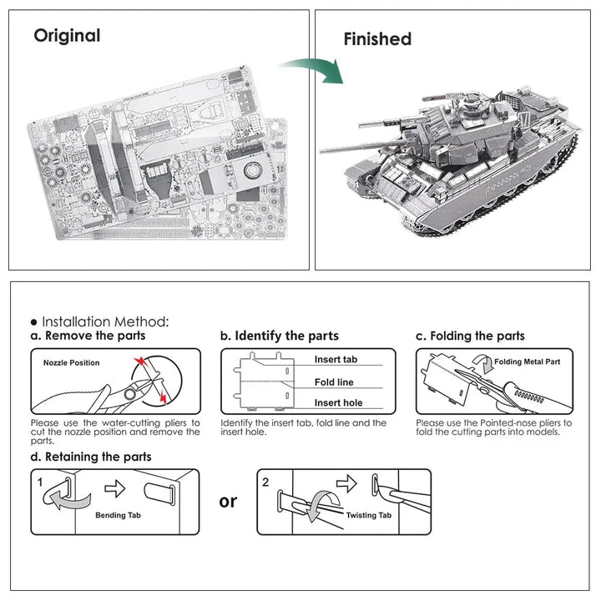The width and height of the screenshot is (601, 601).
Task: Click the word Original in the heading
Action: tap(67, 36)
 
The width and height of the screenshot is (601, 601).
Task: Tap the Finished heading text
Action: tap(377, 39)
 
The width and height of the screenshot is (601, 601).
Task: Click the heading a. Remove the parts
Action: tap(88, 336)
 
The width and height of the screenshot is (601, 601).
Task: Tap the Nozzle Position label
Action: tap(71, 363)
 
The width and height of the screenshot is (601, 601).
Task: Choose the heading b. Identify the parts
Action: tap(279, 336)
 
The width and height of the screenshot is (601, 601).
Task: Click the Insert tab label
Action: tap(336, 360)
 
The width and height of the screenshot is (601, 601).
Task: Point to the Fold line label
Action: tap(334, 382)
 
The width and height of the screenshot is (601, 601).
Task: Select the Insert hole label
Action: tap(338, 403)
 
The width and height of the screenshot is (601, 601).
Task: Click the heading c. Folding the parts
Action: tap(471, 336)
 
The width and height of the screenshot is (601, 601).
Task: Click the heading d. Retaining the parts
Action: tap(91, 457)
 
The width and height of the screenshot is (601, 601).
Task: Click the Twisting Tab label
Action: tap(368, 516)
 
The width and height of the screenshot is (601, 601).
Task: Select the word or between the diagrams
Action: tap(228, 501)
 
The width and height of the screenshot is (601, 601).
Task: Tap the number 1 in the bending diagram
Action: tap(39, 482)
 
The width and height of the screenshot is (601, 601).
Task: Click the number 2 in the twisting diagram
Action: tap(265, 482)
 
